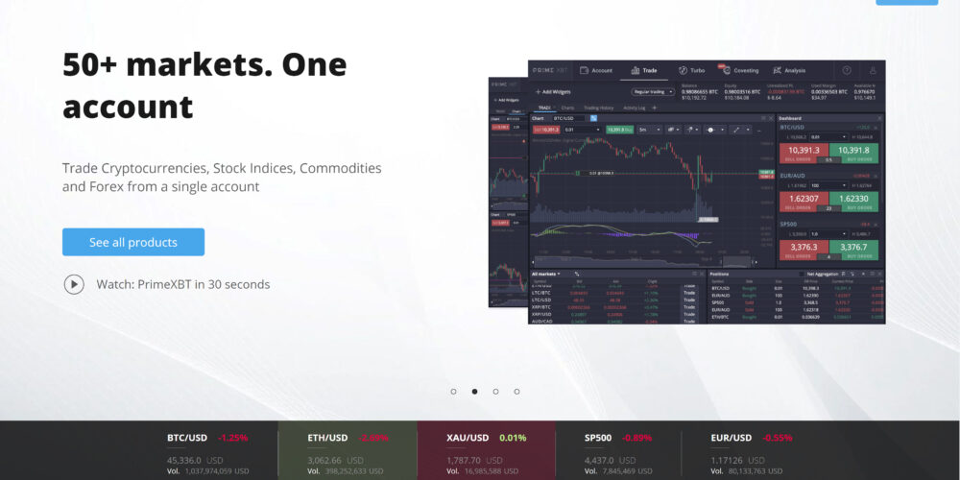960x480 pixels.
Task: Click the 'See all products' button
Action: pos(133,242)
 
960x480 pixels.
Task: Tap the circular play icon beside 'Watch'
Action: pos(74,284)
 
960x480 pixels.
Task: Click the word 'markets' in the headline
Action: pos(207,64)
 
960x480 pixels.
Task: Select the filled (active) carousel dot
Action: pos(474,392)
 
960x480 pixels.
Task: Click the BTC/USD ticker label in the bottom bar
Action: pos(187,438)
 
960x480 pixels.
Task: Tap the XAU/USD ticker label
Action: pos(468,438)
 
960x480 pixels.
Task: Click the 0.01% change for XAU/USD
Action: pos(514,438)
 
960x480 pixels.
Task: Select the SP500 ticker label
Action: pos(599,438)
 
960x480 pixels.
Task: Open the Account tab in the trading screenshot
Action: pos(596,70)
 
